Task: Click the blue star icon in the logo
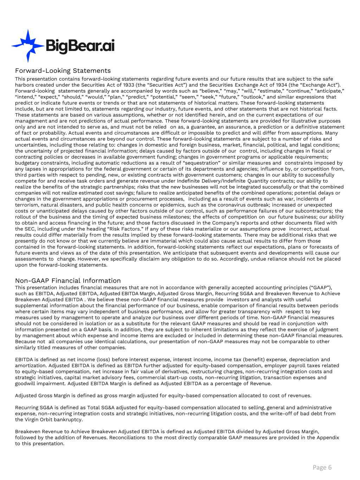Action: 26,45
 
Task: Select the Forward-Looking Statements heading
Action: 63,71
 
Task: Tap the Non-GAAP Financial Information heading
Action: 68,281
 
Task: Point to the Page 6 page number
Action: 322,467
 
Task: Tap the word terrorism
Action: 26,205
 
